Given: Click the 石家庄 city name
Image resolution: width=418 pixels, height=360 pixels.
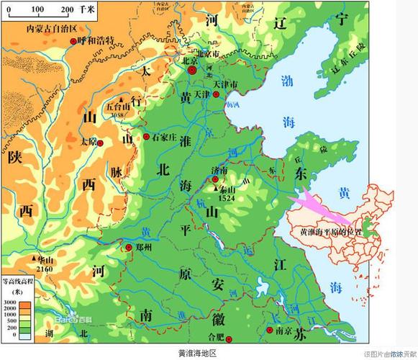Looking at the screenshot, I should coord(168,136).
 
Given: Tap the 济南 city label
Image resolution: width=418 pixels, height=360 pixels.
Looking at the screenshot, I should coord(219,171).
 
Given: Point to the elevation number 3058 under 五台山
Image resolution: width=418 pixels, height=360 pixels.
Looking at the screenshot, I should coord(119,114).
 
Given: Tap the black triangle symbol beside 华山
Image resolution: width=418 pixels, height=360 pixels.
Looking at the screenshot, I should coord(34,258).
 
